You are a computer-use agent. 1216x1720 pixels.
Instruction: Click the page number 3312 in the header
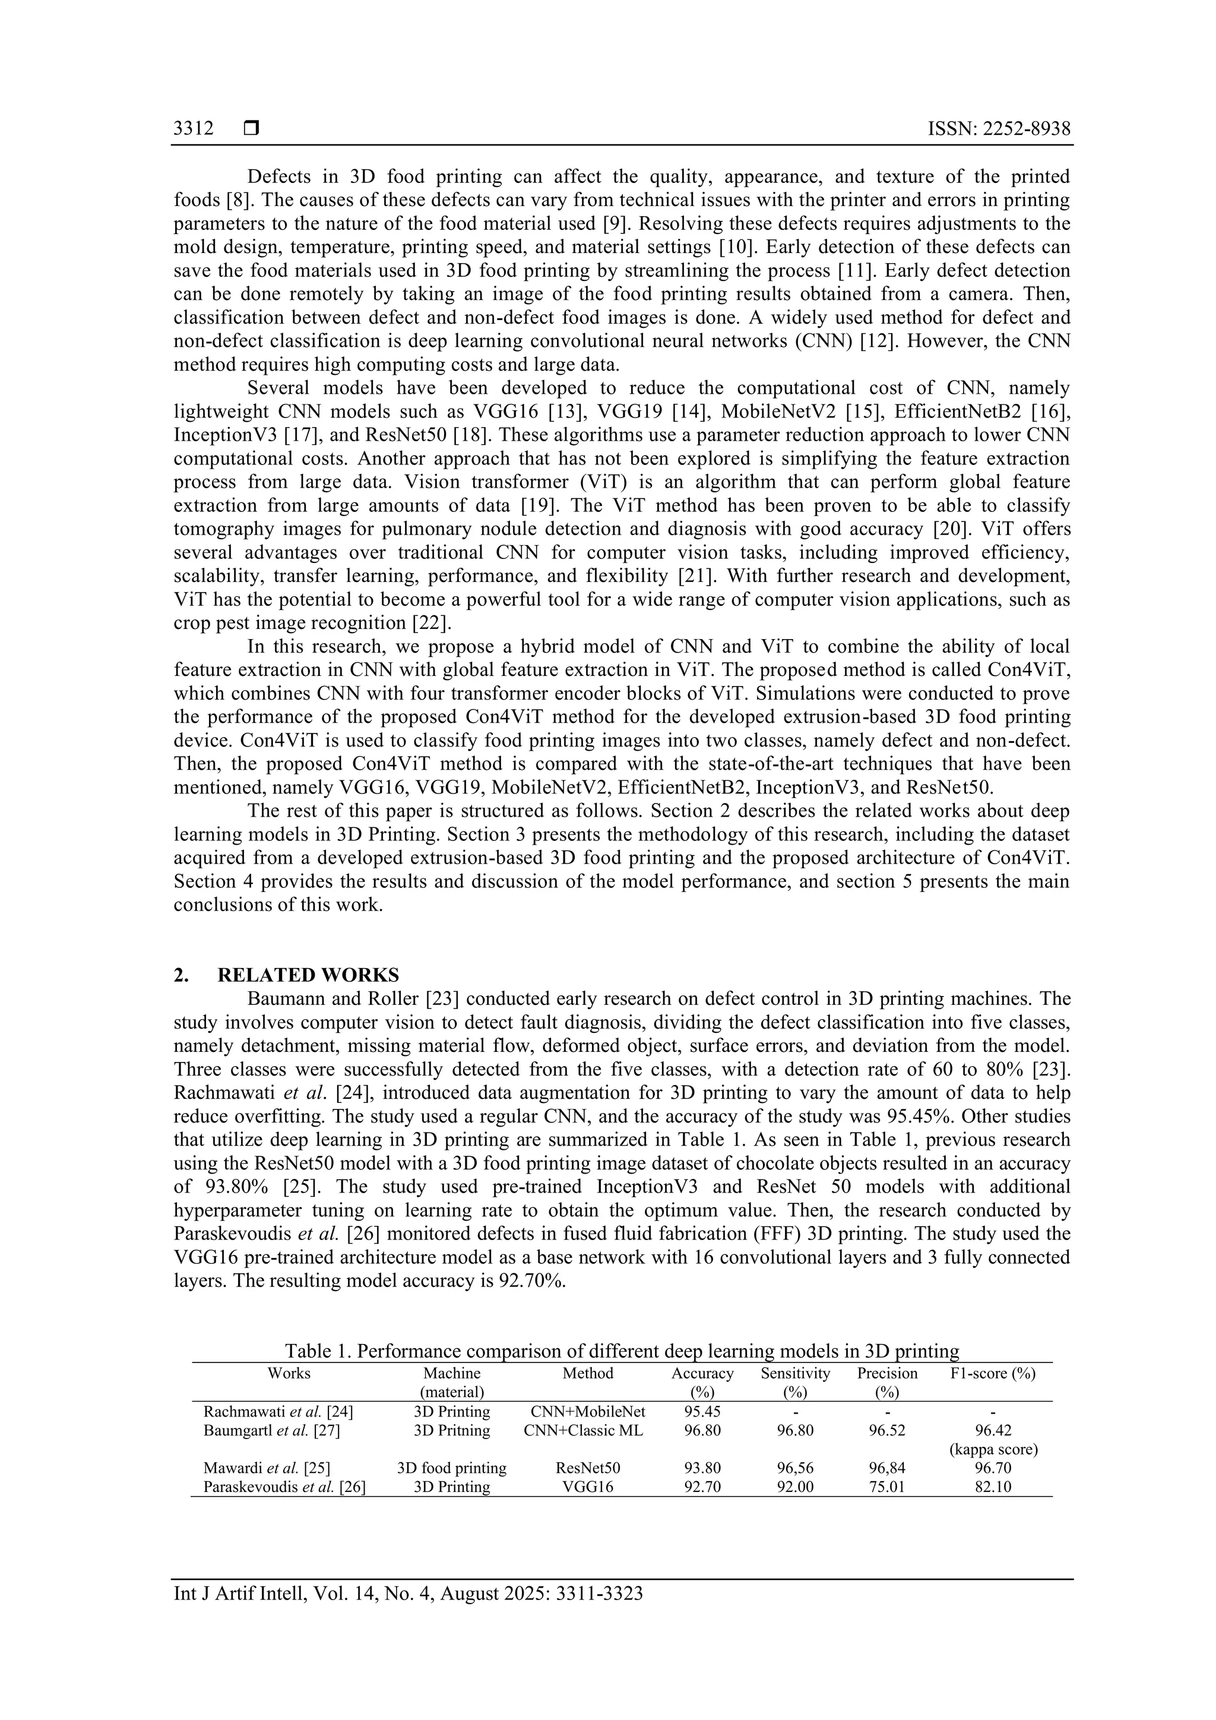pos(193,129)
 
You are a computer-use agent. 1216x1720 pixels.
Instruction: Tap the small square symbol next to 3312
pos(251,129)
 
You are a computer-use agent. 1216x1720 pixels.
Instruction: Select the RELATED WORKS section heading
pos(308,975)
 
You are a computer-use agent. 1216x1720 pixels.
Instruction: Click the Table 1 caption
pos(622,1351)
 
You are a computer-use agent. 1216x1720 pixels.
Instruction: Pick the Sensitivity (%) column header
pos(795,1383)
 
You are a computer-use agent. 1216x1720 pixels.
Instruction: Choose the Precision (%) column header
pos(886,1383)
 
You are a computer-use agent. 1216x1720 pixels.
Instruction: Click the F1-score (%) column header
pos(993,1374)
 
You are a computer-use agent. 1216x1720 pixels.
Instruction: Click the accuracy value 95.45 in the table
pos(702,1412)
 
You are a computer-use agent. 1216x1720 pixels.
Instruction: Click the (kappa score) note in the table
pos(993,1450)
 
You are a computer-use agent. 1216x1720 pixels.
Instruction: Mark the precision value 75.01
pos(886,1487)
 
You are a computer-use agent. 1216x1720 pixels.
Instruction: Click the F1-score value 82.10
pos(993,1487)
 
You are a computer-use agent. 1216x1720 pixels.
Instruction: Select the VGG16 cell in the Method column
pos(588,1487)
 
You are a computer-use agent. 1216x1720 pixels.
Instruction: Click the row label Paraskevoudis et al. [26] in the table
pos(284,1487)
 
